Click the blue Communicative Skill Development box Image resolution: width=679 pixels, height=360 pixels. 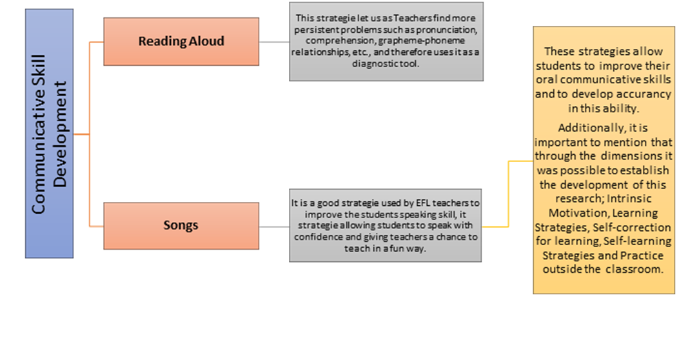[49, 134]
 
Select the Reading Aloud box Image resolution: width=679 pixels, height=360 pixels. [181, 41]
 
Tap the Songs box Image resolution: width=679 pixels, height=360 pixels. [181, 226]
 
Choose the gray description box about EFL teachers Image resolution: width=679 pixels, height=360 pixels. [386, 225]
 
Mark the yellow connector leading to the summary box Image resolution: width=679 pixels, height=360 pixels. [509, 194]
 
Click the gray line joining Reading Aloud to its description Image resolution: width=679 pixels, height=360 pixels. [274, 42]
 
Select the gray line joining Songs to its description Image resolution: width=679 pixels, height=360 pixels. [274, 226]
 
